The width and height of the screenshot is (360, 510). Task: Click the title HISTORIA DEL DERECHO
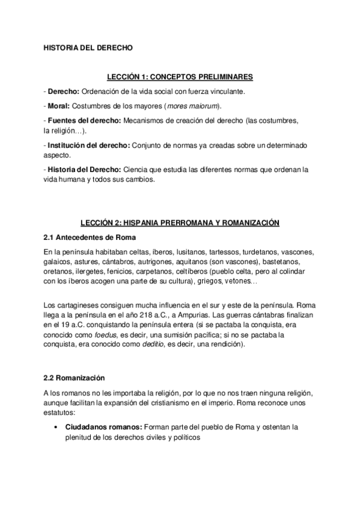(82, 46)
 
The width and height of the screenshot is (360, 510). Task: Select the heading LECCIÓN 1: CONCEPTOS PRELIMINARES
(180, 77)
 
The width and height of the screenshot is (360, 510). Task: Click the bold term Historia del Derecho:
(86, 169)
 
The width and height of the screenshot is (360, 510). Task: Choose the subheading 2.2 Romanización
(74, 378)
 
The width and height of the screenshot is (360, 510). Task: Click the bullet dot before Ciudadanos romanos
(55, 427)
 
